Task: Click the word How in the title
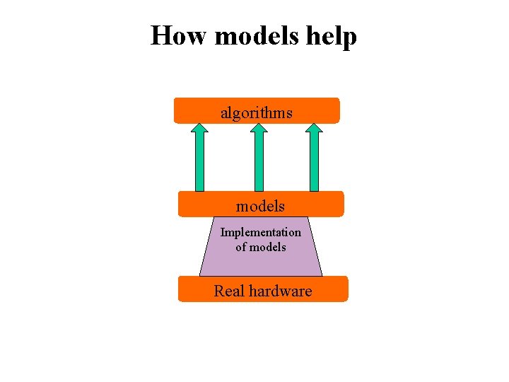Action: point(180,35)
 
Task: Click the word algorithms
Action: point(257,112)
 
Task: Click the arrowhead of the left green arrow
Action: point(200,128)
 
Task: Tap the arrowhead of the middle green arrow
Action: point(259,128)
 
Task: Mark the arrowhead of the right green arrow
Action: point(314,128)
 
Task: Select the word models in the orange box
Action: point(260,206)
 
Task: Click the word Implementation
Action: point(260,232)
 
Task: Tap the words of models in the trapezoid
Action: point(260,247)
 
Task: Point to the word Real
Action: point(228,291)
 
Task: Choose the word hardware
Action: point(279,291)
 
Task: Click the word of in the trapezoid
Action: point(241,247)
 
